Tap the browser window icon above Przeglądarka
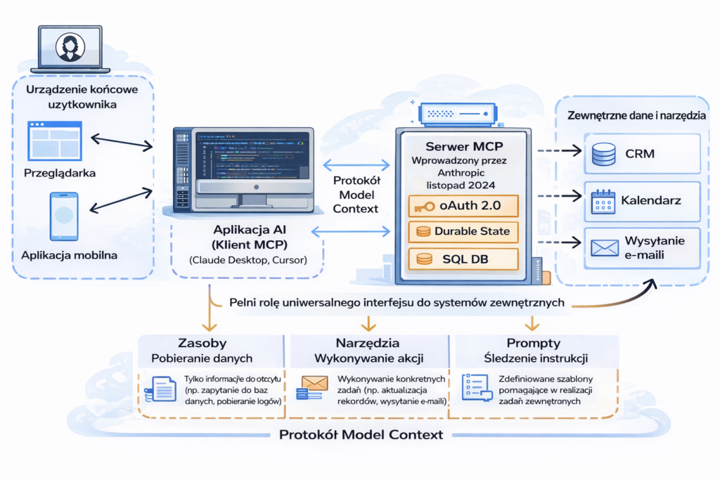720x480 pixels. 55,139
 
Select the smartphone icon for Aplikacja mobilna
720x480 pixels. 63,216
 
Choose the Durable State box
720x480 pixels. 463,232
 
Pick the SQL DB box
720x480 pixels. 463,259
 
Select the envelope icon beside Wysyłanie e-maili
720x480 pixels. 604,247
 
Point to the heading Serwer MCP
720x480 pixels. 463,146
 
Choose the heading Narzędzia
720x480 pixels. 368,343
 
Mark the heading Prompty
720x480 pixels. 532,343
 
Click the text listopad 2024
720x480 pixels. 463,184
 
